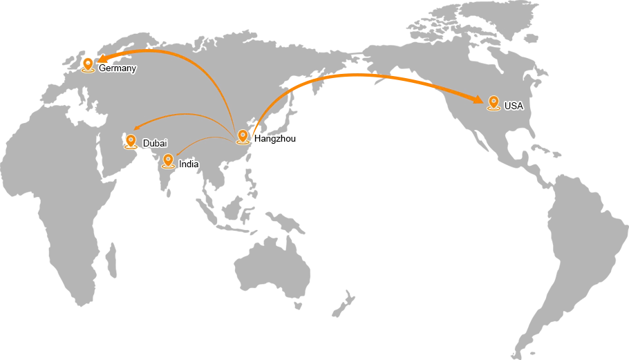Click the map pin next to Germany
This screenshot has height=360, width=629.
point(88,64)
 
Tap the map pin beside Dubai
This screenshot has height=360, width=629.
point(131,141)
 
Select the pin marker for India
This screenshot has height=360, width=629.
point(168,160)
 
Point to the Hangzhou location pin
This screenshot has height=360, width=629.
point(243,136)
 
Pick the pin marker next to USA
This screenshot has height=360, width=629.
point(494,103)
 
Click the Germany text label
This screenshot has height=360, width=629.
point(118,68)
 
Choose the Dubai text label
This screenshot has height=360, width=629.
point(155,143)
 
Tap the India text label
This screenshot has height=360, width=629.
point(189,164)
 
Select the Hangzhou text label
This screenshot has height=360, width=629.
point(275,138)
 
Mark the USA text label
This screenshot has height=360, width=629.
point(514,106)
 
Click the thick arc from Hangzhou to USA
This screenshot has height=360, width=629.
point(359,74)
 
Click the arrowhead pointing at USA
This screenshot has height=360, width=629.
point(478,100)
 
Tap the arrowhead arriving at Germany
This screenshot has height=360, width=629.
point(102,59)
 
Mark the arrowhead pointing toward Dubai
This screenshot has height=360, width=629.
point(137,127)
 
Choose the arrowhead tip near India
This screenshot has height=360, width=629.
point(178,153)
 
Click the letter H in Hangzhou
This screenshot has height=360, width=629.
point(257,138)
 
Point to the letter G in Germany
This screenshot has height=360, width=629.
point(102,68)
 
